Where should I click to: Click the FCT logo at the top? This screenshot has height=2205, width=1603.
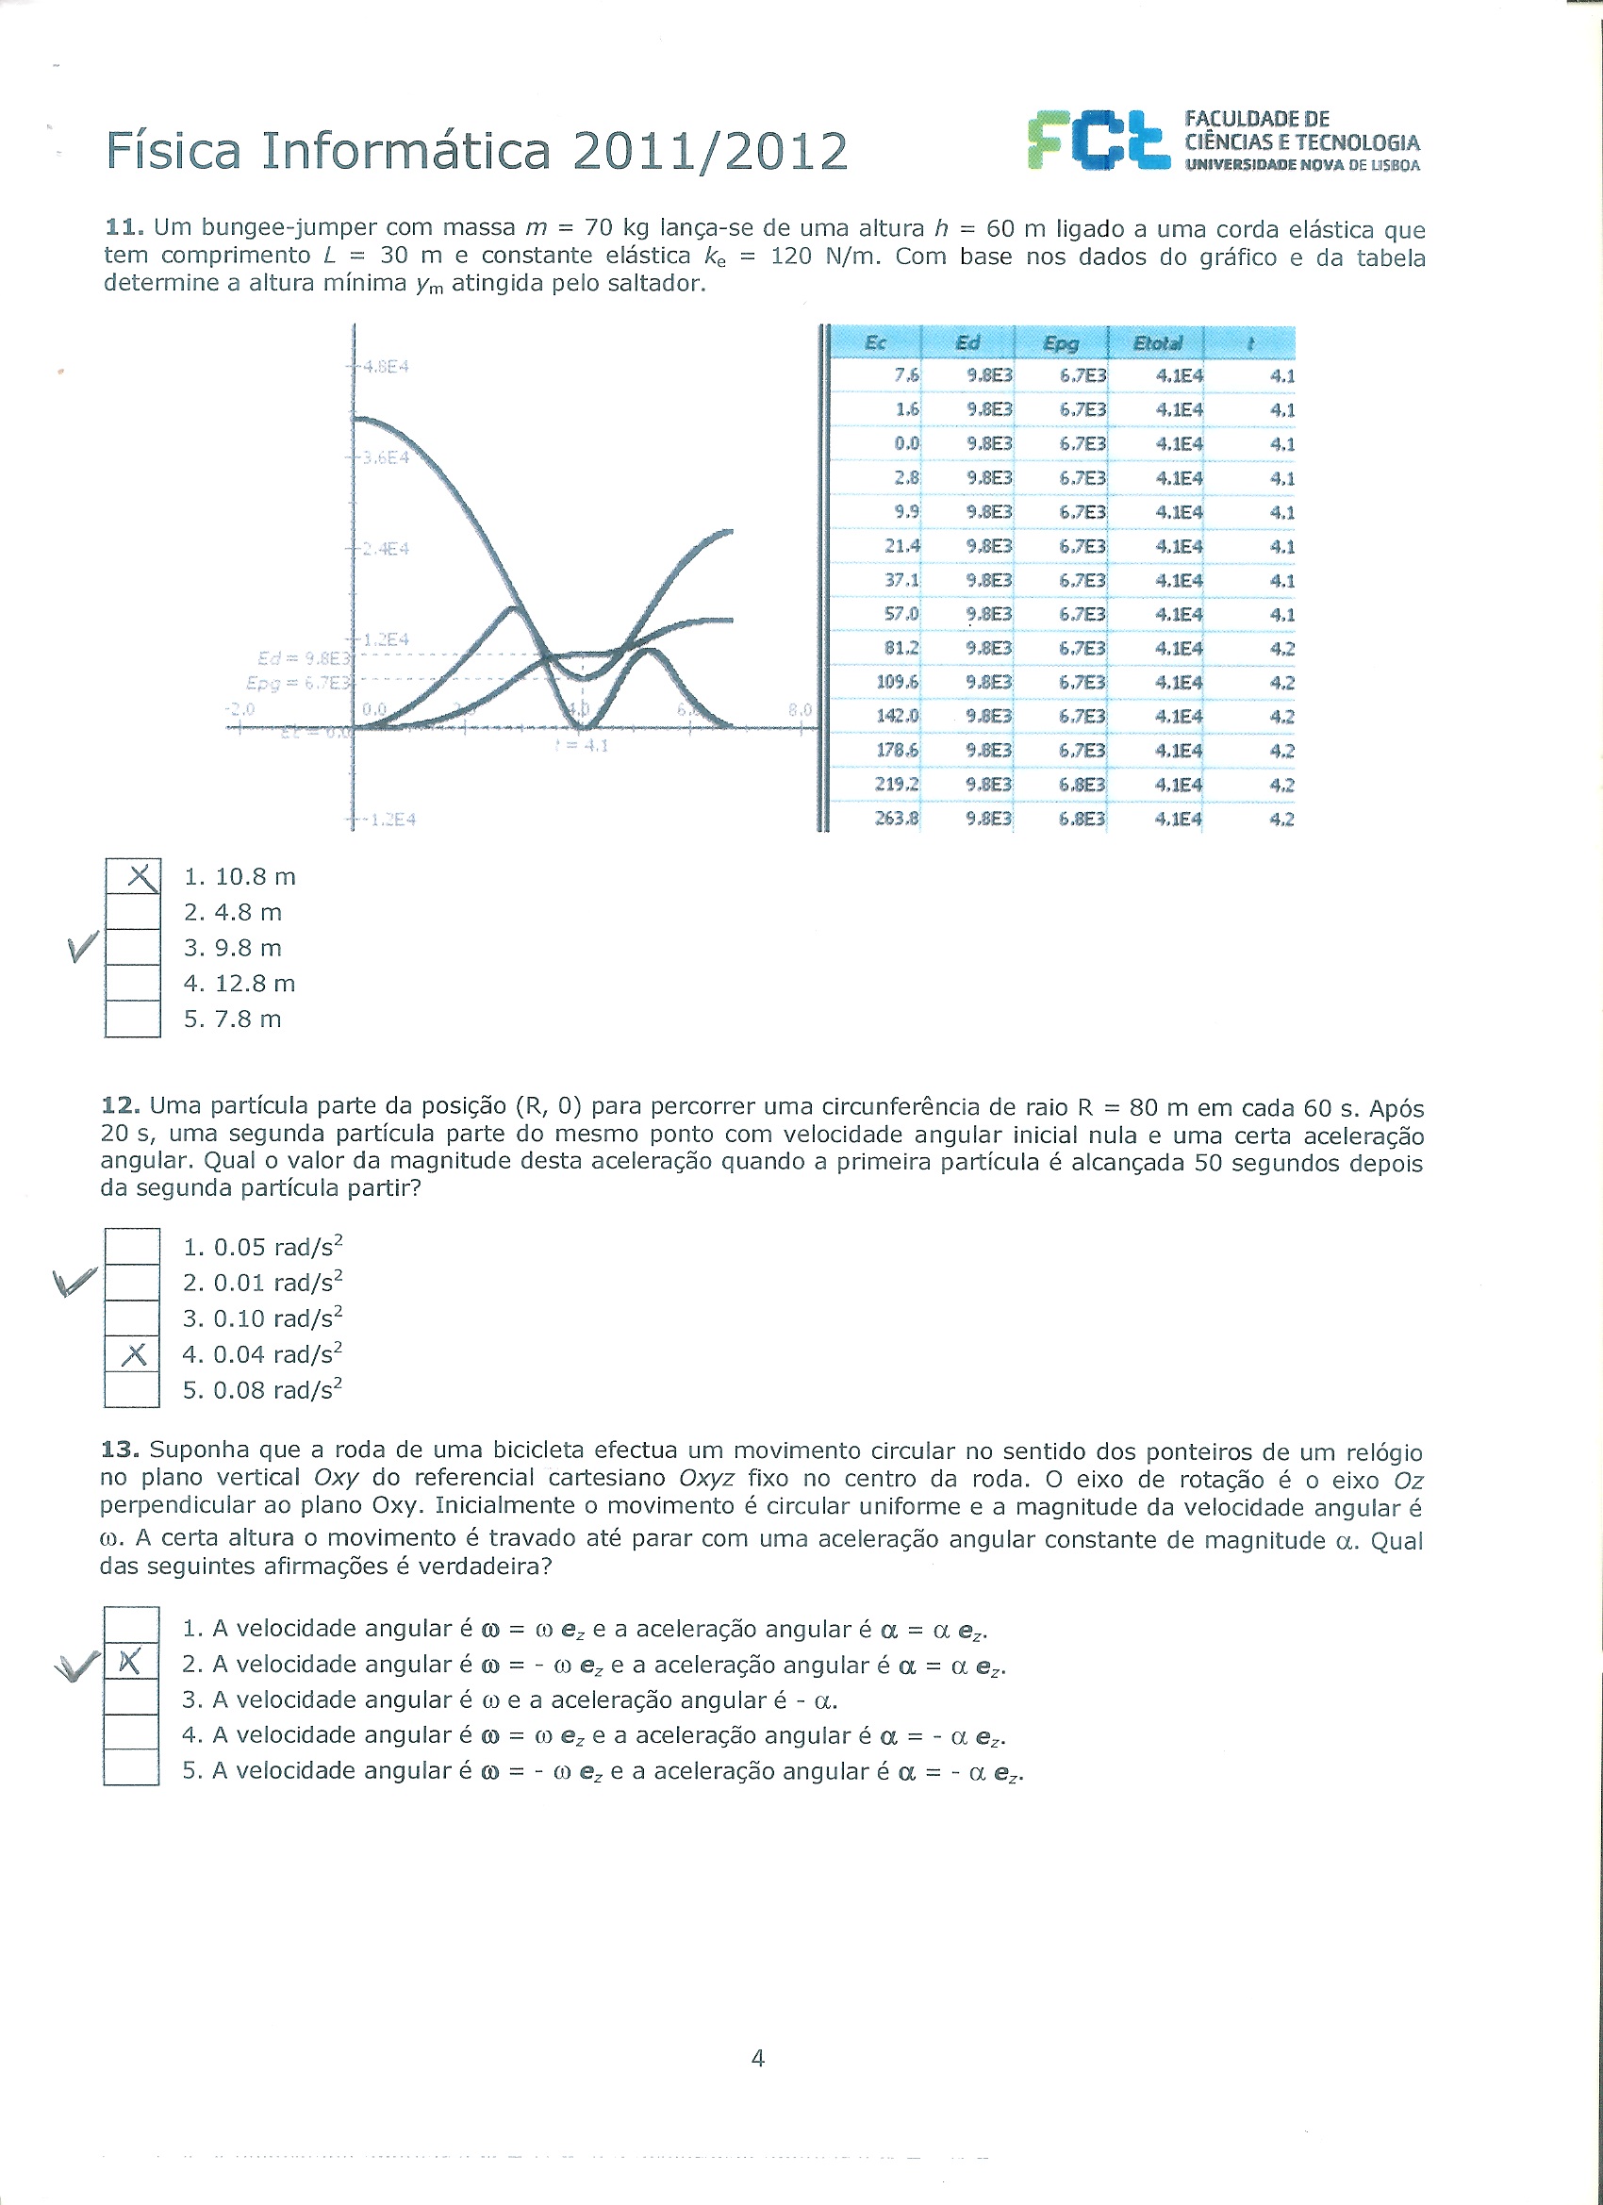click(x=1098, y=141)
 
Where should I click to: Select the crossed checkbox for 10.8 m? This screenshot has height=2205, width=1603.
click(x=133, y=877)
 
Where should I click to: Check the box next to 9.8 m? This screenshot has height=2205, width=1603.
click(x=133, y=948)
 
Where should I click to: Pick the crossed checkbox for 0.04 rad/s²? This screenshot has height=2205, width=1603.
click(x=132, y=1354)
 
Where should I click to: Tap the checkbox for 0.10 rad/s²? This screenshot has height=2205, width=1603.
click(x=132, y=1318)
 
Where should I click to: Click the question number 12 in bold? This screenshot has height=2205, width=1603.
click(x=121, y=1105)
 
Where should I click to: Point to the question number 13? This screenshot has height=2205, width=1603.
click(x=121, y=1450)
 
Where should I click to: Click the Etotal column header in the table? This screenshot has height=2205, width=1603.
click(x=1157, y=342)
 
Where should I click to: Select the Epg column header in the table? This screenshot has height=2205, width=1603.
click(x=1061, y=342)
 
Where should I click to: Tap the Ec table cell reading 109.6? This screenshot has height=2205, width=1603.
click(x=898, y=683)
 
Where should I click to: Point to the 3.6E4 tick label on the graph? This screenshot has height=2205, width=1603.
click(x=385, y=457)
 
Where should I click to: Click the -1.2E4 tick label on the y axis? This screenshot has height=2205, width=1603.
click(x=387, y=820)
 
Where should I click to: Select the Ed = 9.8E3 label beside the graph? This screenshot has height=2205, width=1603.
click(x=303, y=657)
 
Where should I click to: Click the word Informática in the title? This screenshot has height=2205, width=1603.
click(x=405, y=151)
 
